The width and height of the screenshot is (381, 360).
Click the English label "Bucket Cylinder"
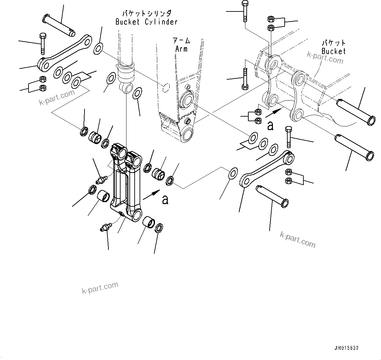click(146, 22)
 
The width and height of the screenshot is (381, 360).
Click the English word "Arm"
click(181, 49)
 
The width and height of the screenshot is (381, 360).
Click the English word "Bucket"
click(333, 51)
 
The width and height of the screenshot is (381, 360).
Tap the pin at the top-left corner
click(59, 24)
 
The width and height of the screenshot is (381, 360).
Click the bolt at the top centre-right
click(245, 11)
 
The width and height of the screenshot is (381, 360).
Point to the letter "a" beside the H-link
click(165, 199)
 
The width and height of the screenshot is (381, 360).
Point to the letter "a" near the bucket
click(270, 125)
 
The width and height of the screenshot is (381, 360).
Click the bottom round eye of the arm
click(187, 134)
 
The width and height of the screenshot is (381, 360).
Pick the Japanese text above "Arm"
click(181, 41)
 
